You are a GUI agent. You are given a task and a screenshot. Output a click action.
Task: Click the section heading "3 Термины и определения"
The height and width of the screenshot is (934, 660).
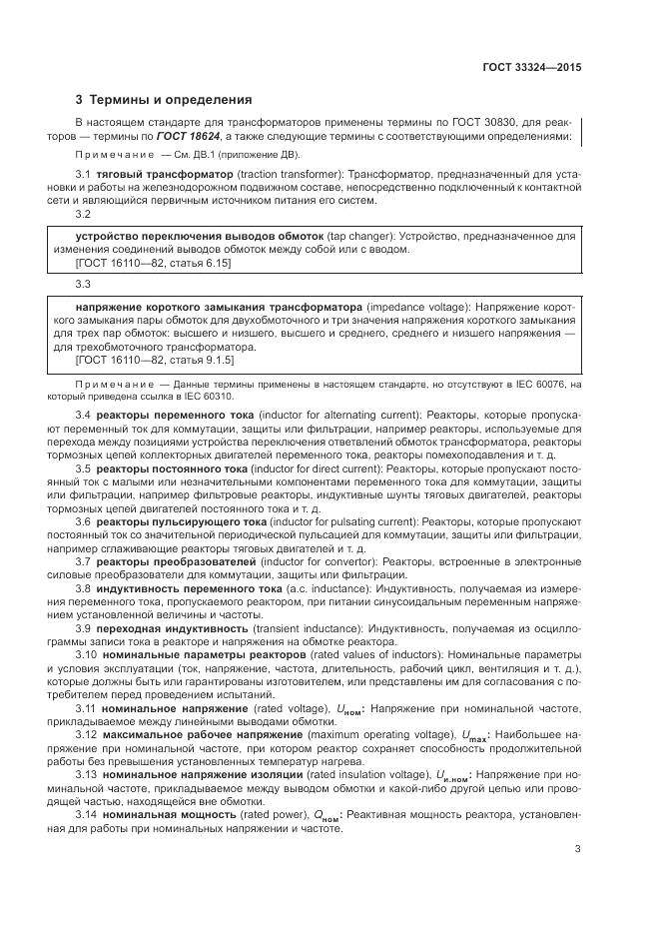[164, 100]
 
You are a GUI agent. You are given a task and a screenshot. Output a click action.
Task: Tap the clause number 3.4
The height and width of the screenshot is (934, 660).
[84, 414]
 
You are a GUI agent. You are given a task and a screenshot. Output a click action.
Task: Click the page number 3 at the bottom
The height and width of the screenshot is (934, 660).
[577, 851]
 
